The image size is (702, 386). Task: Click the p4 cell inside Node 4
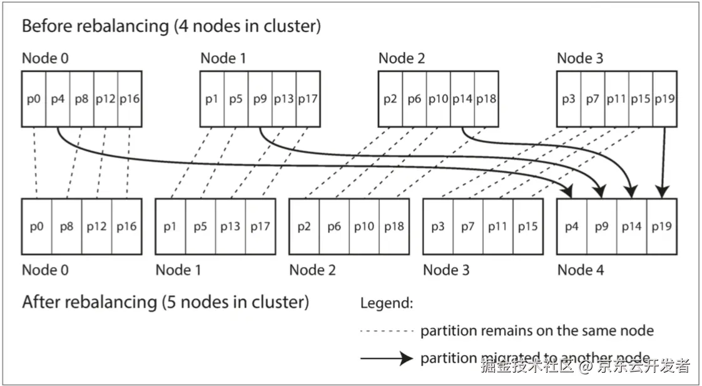572,226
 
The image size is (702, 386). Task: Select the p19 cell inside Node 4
662,226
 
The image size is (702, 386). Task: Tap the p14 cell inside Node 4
632,226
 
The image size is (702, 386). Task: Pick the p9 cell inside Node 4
602,226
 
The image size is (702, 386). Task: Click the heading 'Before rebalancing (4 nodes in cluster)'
171,26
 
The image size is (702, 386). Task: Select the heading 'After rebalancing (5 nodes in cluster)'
165,302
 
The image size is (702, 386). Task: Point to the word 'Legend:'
387,304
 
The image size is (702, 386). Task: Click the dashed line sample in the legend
387,331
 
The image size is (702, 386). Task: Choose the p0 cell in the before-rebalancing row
34,99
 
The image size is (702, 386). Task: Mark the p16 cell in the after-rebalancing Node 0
126,226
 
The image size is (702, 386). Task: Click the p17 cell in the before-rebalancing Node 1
308,99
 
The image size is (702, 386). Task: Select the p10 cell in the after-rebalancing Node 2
364,226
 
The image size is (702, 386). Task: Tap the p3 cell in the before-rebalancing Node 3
569,99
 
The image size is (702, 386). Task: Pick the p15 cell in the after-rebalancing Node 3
527,226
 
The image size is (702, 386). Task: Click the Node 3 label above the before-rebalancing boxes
580,58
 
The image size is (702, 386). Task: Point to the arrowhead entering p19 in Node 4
663,191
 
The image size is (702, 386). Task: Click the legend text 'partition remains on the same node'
537,331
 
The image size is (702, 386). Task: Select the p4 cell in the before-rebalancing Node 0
58,99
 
